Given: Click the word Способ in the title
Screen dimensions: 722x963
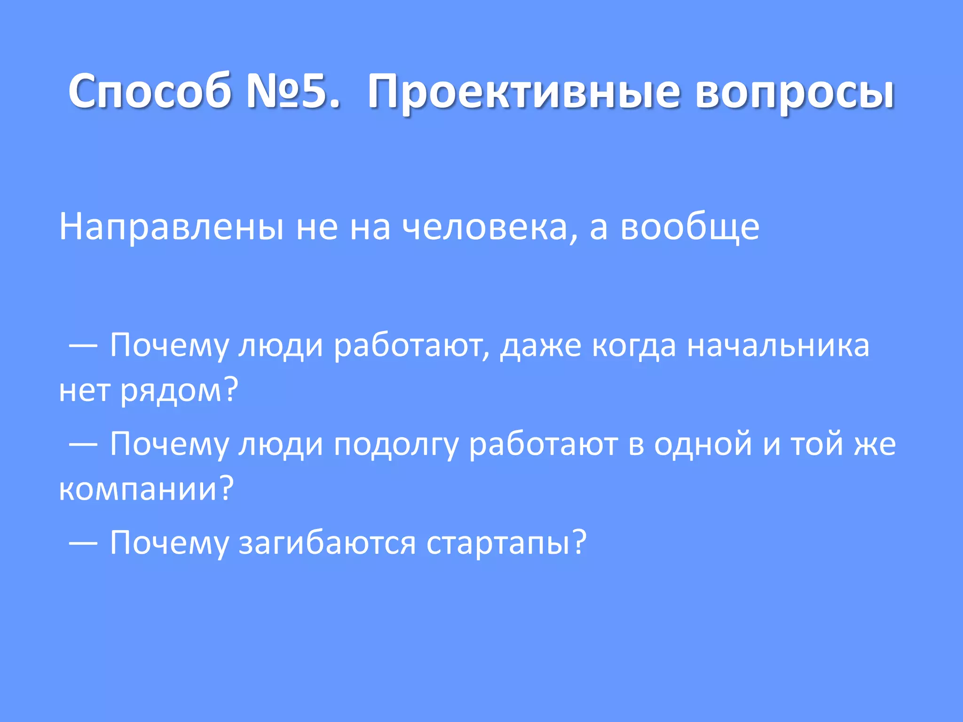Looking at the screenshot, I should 150,91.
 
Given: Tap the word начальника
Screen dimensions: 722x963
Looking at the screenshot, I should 778,346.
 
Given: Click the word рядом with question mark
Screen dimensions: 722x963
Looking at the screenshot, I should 179,391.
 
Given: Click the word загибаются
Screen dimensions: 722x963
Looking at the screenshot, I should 327,543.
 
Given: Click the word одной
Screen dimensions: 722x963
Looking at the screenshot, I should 703,444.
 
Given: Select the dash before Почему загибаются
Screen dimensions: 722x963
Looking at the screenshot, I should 83,543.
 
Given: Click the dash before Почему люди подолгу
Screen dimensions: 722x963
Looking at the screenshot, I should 83,444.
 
